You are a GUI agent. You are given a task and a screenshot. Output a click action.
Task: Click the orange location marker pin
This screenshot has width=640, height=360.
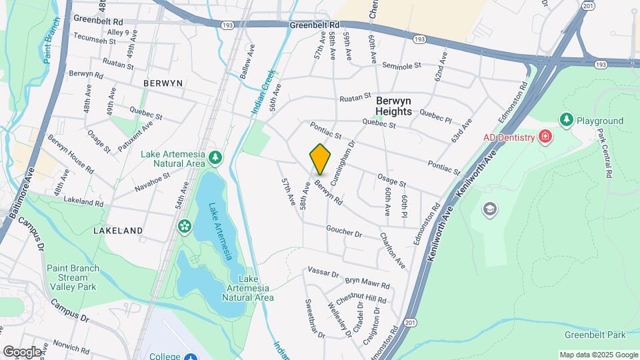(x=320, y=159)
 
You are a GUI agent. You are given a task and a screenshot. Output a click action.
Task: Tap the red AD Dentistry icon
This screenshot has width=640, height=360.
(x=546, y=137)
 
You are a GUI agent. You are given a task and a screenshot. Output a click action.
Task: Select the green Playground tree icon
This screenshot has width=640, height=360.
(x=567, y=120)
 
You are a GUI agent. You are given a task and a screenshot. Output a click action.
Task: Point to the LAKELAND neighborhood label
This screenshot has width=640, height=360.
(x=118, y=230)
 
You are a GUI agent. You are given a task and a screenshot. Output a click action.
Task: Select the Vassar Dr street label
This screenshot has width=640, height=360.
(x=323, y=273)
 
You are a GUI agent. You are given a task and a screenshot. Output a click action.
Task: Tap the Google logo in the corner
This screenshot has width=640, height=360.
(x=22, y=351)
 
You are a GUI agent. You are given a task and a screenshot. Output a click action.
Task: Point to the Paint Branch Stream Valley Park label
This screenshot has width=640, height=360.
(x=71, y=277)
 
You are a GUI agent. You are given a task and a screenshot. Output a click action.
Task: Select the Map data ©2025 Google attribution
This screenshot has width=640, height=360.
(x=599, y=355)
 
